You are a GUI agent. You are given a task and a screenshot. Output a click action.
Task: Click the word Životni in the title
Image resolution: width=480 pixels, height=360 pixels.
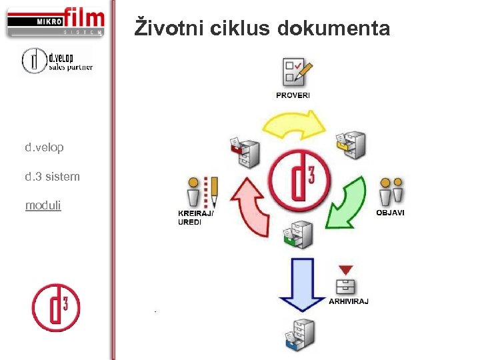point(169,28)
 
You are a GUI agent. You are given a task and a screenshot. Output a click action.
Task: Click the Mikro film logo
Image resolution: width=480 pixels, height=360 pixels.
point(56,22)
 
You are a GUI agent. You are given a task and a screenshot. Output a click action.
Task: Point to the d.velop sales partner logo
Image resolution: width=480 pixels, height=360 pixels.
point(57,61)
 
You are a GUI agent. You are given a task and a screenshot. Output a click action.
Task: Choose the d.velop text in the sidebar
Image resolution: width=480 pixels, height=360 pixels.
point(45,147)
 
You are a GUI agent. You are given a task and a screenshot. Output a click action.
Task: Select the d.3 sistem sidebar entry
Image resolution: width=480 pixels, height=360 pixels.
point(53,177)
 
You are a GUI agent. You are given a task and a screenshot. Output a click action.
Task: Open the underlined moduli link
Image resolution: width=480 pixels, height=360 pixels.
point(43,205)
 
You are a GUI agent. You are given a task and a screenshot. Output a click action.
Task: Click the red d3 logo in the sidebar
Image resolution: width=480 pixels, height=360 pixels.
point(56,307)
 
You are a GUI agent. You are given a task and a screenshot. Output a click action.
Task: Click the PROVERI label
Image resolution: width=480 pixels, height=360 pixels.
point(293,95)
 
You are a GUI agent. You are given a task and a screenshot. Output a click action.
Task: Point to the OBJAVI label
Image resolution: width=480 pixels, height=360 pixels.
point(390,213)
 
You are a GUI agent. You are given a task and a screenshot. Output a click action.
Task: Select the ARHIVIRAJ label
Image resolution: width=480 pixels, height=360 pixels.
point(349,301)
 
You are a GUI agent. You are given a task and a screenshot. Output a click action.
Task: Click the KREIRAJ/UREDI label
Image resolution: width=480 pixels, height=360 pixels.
point(195,217)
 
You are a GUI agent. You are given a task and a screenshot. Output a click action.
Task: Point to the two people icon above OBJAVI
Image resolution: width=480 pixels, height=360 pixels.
point(391,192)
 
